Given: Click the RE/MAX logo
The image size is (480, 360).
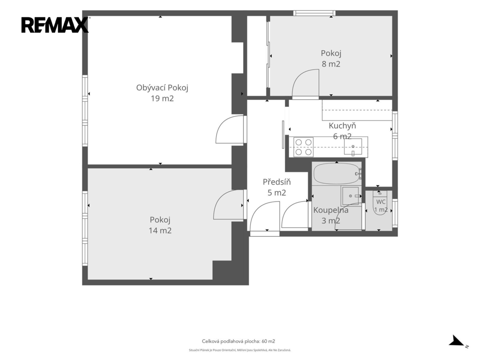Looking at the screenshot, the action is click(55, 25).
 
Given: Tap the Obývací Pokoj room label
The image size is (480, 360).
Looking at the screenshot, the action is click(162, 88).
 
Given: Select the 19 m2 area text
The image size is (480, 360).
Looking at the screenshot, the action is click(162, 98).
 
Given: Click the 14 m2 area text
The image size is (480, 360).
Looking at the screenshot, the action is click(160, 231).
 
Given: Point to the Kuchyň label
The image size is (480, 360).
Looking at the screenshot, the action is click(342, 126).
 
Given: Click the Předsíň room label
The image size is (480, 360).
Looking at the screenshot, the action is click(277, 182).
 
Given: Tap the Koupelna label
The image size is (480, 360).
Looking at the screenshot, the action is click(330, 210).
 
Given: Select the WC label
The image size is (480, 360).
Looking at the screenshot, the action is click(381, 202).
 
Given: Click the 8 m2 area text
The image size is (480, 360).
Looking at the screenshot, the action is click(331, 64).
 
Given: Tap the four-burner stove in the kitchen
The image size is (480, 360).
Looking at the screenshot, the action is click(303, 147).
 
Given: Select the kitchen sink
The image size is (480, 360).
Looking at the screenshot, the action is click(352, 147).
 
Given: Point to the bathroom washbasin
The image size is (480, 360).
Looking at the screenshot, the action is click(351, 195).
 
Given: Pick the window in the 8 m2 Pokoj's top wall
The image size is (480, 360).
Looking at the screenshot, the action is click(315, 13).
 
